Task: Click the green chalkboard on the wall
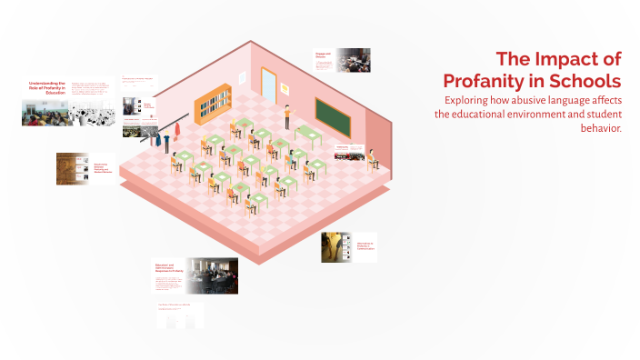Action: (x=333, y=116)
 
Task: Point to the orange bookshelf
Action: (x=212, y=105)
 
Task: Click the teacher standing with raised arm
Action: (x=287, y=115)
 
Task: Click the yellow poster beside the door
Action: (x=285, y=87)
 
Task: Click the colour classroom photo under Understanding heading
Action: (x=42, y=114)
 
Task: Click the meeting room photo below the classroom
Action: (x=213, y=275)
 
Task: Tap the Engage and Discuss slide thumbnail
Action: (x=341, y=60)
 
